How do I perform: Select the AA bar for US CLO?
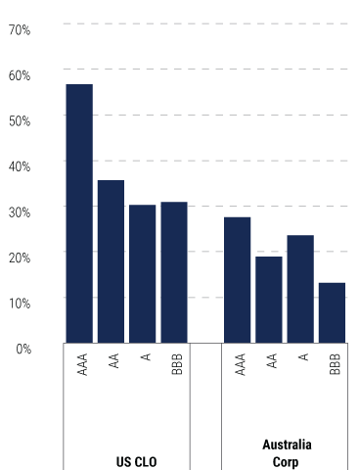[111, 261]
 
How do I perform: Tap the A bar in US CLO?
[143, 274]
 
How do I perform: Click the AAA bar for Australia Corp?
[238, 280]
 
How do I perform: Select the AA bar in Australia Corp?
[269, 300]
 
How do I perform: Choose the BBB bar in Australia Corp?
[332, 312]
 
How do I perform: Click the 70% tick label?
[20, 30]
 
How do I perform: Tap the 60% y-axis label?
[20, 75]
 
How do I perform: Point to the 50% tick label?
[20, 120]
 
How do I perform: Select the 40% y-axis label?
[20, 166]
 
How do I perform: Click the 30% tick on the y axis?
[20, 211]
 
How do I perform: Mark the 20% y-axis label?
[20, 257]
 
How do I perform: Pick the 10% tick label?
[20, 303]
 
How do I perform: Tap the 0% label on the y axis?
[22, 348]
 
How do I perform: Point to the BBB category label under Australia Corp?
[334, 364]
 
